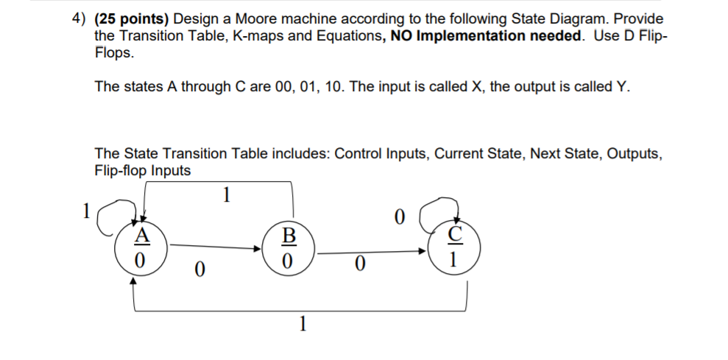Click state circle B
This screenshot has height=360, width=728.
coord(289,248)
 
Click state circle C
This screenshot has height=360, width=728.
coord(456,248)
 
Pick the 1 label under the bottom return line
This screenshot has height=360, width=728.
coord(303,325)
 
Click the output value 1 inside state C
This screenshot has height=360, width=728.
coord(456,259)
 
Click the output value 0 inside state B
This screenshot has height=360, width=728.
coord(289,260)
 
